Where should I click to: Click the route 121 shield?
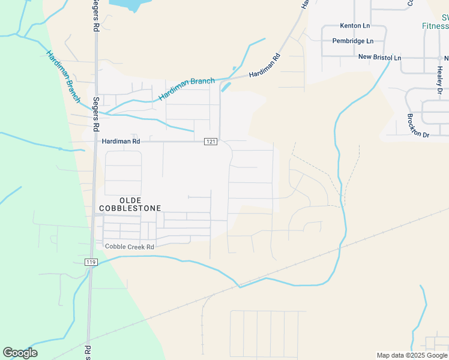tap(210, 142)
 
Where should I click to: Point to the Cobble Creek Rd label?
tap(130, 247)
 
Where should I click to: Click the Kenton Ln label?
tap(355, 26)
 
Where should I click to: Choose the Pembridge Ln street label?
tap(353, 41)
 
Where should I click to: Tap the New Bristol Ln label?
tap(379, 57)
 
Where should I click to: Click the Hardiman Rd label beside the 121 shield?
tap(121, 142)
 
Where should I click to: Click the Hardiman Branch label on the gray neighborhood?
tap(186, 89)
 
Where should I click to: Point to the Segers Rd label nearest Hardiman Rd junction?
tap(95, 114)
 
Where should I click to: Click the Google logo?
tap(20, 353)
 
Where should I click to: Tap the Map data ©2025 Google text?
tap(412, 355)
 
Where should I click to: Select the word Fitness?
tap(435, 26)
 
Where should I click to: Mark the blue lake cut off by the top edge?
tap(130, 5)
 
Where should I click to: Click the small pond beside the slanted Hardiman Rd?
tap(226, 87)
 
